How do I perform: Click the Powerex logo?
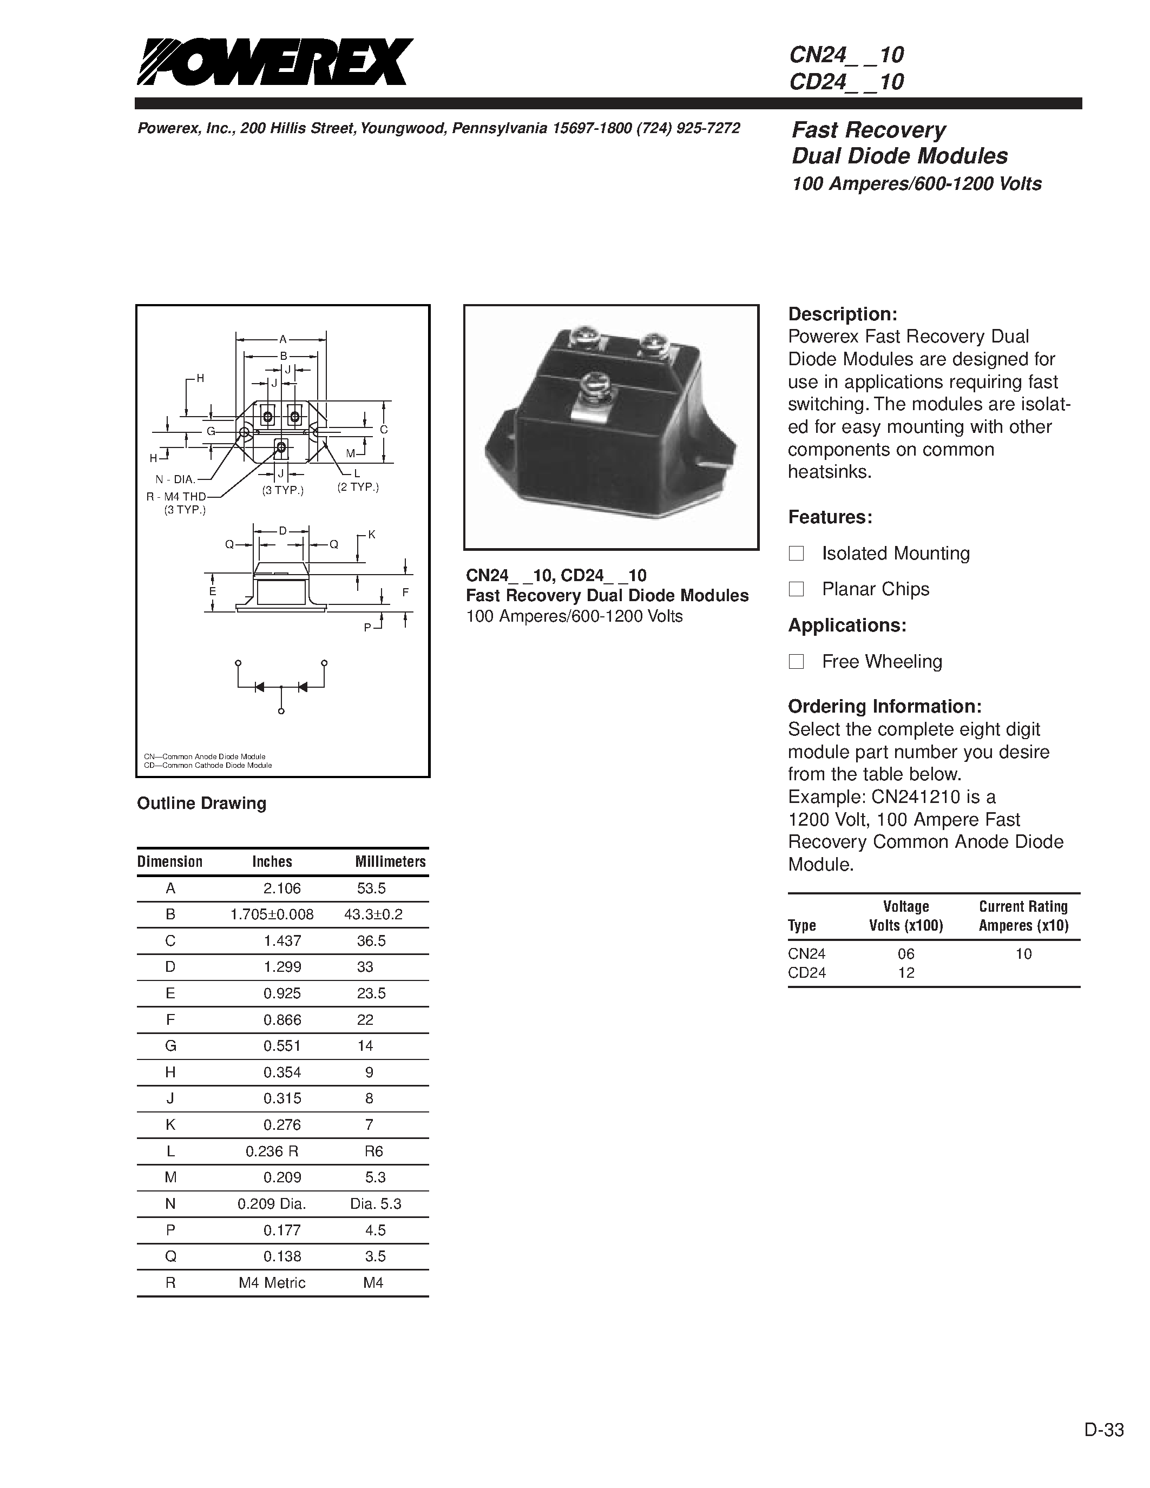274,62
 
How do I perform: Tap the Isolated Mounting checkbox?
796,553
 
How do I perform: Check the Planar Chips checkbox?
796,589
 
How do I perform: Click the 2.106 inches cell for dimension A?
282,888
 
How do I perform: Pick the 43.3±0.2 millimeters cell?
373,914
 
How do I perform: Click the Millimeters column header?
390,862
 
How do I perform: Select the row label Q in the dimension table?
170,1256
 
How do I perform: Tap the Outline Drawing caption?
202,804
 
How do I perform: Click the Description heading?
842,314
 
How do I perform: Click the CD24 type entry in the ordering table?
807,973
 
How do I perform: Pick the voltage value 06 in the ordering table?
906,954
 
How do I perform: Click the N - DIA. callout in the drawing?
176,479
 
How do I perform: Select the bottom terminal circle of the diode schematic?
281,712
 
